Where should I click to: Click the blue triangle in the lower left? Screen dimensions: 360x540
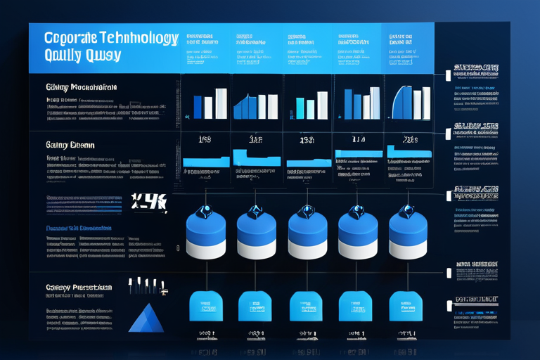click(x=146, y=320)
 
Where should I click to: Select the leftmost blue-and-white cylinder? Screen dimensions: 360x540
click(x=206, y=236)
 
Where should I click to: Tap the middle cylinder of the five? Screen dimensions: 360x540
click(x=307, y=236)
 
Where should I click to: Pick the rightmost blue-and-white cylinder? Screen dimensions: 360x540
click(x=409, y=236)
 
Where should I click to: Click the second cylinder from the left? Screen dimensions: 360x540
click(x=257, y=236)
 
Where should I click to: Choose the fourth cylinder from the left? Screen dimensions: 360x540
click(x=358, y=236)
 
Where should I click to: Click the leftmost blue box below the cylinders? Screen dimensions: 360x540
click(x=206, y=307)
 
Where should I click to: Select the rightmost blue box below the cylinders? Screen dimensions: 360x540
click(x=406, y=307)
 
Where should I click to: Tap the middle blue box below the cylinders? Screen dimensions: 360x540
click(x=307, y=307)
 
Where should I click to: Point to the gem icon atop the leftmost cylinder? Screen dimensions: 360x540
click(x=205, y=210)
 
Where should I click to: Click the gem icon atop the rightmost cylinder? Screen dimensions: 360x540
click(x=407, y=210)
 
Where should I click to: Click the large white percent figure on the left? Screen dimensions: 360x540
click(x=148, y=202)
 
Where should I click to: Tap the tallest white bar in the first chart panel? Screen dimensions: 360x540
click(x=221, y=103)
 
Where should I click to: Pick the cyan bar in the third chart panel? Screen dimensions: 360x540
click(x=300, y=108)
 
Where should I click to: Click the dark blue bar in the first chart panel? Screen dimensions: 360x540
click(x=198, y=108)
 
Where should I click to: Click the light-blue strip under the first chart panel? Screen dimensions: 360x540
click(x=206, y=162)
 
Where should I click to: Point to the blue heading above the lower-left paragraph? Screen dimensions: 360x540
click(x=77, y=229)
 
